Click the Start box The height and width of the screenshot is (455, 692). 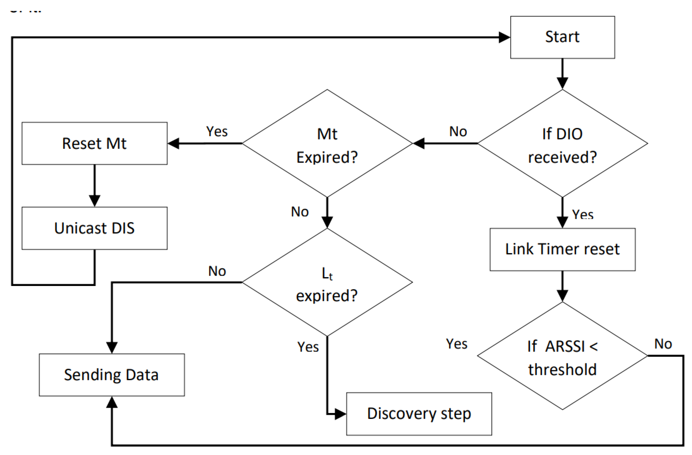tap(562, 37)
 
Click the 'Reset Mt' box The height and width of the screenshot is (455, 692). tap(94, 143)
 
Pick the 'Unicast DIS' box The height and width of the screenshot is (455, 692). tap(94, 228)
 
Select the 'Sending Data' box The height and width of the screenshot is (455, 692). tap(112, 375)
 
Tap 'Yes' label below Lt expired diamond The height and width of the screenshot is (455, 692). tap(308, 347)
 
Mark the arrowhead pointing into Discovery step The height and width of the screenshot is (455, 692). tap(340, 414)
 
